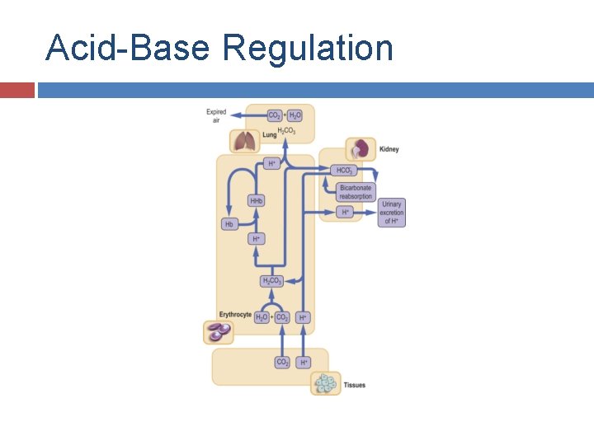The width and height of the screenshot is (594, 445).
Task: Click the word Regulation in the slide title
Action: (307, 49)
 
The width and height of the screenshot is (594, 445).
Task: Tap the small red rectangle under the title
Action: (16, 90)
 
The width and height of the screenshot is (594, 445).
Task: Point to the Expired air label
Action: (216, 115)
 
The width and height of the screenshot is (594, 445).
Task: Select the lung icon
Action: (245, 141)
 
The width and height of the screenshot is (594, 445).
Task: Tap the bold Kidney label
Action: (389, 149)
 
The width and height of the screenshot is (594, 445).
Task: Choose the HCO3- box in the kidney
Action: (344, 171)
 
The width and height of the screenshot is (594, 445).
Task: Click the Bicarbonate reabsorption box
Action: (356, 192)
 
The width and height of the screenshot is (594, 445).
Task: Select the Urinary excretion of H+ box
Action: (392, 213)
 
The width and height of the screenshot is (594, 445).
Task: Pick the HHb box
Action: (257, 201)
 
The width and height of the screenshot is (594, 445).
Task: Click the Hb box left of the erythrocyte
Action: (229, 224)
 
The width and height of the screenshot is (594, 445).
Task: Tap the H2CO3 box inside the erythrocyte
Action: (271, 281)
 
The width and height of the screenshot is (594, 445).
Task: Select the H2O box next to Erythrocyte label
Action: (262, 316)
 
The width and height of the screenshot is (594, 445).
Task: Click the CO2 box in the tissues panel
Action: (282, 362)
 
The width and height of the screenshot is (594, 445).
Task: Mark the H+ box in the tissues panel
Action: (304, 362)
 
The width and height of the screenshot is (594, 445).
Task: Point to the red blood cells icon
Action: (219, 332)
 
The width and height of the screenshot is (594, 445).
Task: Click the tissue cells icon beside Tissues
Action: (326, 384)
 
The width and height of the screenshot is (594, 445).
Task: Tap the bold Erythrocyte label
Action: (235, 315)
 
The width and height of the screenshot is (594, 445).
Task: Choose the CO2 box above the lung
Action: (274, 115)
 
